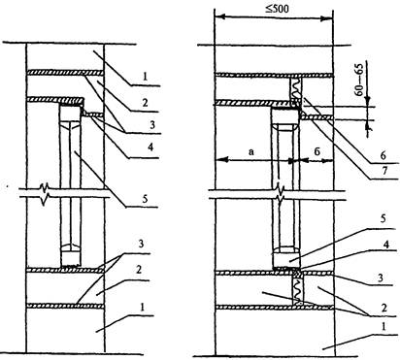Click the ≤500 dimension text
coord(277,8)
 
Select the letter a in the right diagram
coord(251,151)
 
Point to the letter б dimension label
coord(317,151)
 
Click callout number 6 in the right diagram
coord(383,155)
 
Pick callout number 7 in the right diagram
coord(384,171)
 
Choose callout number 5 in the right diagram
coord(383,218)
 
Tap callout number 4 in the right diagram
coord(385,245)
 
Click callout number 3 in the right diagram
coord(381,278)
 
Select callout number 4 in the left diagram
coord(150,147)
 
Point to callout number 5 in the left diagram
coord(145,199)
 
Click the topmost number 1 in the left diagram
coord(145,77)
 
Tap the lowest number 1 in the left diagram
coord(142,308)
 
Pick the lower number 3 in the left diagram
coord(141,244)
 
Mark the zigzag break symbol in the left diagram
coord(46,193)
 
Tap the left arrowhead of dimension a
coord(222,159)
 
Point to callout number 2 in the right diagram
coord(383,308)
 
